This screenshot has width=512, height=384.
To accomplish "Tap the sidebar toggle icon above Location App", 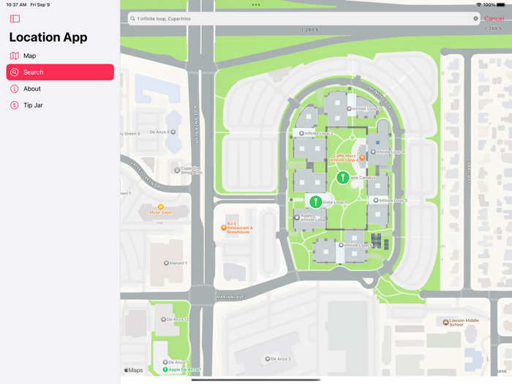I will point(15,19).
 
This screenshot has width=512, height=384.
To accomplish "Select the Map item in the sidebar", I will point(29,56).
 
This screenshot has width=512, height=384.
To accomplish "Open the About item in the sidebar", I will point(32,89).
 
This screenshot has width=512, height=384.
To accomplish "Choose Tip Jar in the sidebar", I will point(33,105).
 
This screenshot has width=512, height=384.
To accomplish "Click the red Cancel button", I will point(494,19).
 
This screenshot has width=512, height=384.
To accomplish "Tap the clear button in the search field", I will point(475,19).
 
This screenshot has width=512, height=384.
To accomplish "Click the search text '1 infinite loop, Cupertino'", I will point(172,19).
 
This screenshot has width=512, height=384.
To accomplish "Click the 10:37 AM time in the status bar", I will point(16,4).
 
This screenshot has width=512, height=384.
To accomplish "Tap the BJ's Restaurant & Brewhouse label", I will point(238,228).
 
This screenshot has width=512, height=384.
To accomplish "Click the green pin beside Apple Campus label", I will point(342,176).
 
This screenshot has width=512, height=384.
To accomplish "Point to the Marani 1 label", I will point(176,263).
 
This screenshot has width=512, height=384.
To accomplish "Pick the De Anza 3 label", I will point(278,359).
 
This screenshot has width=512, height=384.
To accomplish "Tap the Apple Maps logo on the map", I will point(133,370).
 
